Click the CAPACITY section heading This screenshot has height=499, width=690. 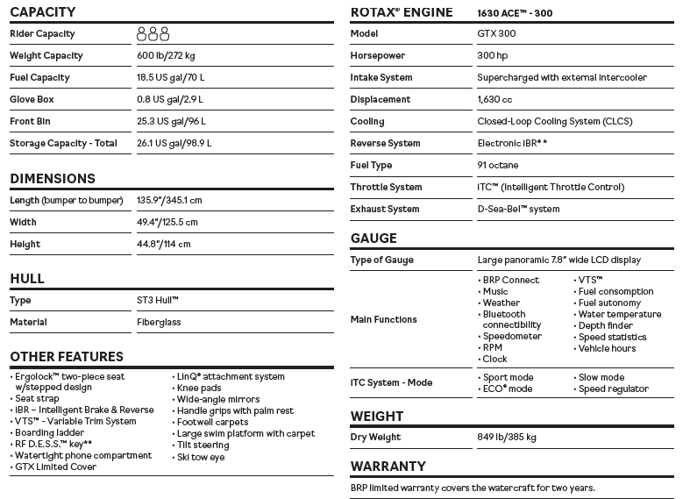pos(43,12)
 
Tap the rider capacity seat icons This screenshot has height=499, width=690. pos(153,34)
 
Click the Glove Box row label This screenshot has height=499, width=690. pos(32,100)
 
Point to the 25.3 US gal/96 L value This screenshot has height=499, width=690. pos(171,122)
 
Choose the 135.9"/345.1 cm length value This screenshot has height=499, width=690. pos(170,201)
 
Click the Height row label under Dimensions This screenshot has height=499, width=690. pos(25,245)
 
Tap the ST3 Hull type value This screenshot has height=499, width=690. pos(158,301)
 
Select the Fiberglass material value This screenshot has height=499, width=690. pos(159,323)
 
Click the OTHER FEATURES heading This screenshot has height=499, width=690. pos(67,357)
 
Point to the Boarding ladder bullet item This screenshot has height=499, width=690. pos(49,433)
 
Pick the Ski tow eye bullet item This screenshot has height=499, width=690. pos(200,458)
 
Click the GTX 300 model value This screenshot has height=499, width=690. pos(496,34)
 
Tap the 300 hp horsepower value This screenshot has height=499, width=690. pos(493,56)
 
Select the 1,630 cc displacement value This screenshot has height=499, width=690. pos(494,100)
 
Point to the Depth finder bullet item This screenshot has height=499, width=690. pos(605,326)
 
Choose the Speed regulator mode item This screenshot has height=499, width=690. pos(613,389)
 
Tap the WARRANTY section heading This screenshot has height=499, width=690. pos(388,467)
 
